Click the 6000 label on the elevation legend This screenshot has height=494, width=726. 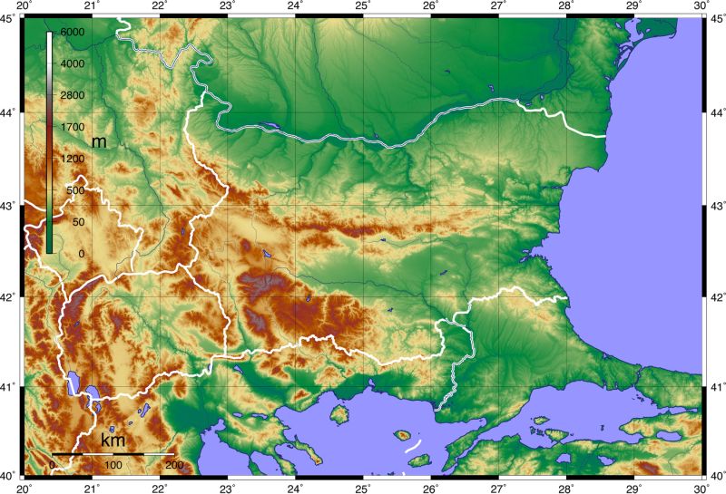click(x=72, y=32)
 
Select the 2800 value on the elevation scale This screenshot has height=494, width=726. click(x=72, y=95)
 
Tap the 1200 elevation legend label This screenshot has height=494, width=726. click(x=72, y=159)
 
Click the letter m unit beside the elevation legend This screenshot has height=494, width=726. click(x=99, y=142)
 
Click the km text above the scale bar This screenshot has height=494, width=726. click(x=113, y=441)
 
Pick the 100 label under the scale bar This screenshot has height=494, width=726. click(x=113, y=465)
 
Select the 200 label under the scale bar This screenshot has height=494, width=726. click(x=174, y=465)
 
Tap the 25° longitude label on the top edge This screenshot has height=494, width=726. click(x=362, y=6)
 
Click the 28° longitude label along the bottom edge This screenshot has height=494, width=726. click(x=566, y=487)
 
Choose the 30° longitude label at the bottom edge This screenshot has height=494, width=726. click(x=701, y=487)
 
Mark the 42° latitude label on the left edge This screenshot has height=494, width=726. click(x=10, y=297)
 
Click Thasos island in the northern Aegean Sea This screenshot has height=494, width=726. click(x=340, y=414)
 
